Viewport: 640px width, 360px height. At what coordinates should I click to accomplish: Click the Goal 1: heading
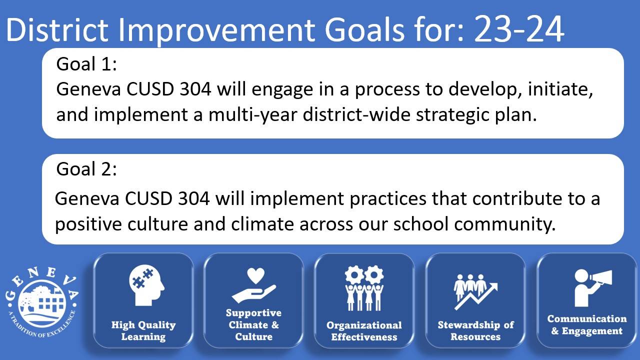tap(86, 63)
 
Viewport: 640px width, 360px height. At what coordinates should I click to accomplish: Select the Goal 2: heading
tap(86, 169)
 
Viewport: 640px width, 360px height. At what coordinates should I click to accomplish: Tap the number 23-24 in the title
tap(519, 29)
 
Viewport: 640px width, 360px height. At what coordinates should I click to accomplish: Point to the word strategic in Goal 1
tap(452, 115)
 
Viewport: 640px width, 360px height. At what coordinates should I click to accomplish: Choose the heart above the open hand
tap(255, 275)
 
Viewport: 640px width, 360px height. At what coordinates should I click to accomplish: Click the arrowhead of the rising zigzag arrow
tap(493, 286)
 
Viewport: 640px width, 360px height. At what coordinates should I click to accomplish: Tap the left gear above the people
tap(354, 275)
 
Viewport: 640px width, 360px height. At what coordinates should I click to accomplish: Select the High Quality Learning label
tap(143, 330)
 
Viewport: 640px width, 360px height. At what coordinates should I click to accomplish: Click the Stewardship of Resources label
tap(475, 330)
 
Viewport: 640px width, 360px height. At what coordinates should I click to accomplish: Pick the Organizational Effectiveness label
tap(364, 331)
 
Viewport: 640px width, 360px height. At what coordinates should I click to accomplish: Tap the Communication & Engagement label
tap(587, 324)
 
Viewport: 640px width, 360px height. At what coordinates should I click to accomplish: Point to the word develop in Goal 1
tap(483, 89)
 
